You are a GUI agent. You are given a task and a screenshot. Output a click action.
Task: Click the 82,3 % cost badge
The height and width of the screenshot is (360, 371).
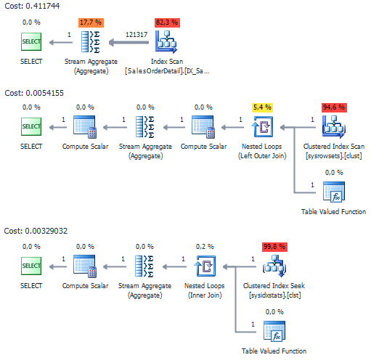coord(167,22)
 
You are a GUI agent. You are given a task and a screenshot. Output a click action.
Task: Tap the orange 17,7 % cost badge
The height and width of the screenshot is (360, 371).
coord(91,22)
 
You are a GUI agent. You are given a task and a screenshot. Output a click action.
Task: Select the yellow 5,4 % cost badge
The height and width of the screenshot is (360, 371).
coord(262,107)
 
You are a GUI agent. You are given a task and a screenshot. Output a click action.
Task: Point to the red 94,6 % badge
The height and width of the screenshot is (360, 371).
coord(334,107)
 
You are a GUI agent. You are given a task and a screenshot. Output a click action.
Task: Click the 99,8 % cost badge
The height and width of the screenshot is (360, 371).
coord(274,247)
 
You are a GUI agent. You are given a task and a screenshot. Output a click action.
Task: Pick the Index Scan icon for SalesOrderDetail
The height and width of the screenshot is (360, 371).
coord(166,42)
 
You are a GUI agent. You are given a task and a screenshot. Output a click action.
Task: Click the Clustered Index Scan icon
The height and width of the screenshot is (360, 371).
coord(334,127)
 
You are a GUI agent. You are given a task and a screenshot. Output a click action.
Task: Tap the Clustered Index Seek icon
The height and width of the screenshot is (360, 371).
coord(274,266)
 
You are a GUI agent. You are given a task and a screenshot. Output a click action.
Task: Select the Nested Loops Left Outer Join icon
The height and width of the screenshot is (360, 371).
coord(262,127)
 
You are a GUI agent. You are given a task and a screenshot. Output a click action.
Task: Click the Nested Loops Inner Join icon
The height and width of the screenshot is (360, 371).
coord(205,266)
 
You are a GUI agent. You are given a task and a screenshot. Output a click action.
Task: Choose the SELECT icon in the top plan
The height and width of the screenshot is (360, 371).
coord(31,42)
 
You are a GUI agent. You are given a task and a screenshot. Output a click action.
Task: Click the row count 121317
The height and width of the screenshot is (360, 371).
coord(136,35)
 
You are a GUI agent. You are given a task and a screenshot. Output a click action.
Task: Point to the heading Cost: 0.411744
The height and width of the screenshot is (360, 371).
coord(32,6)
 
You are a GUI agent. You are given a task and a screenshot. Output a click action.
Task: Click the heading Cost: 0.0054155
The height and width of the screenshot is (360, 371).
coord(34,93)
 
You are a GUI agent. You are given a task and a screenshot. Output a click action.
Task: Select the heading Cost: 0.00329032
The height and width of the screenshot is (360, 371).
coord(36,231)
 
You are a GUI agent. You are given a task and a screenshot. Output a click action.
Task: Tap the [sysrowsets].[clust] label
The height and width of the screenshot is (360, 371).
coord(334,156)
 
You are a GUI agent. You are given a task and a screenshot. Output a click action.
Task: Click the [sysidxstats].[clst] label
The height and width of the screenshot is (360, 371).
coord(275,295)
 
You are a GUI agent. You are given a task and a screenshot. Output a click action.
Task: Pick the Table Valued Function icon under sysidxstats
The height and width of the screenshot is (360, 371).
coord(274,331)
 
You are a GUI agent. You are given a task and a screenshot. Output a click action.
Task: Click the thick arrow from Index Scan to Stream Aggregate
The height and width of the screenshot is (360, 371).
coord(129,43)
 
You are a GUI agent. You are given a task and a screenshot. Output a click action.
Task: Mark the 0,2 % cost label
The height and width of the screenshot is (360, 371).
coord(205,247)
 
